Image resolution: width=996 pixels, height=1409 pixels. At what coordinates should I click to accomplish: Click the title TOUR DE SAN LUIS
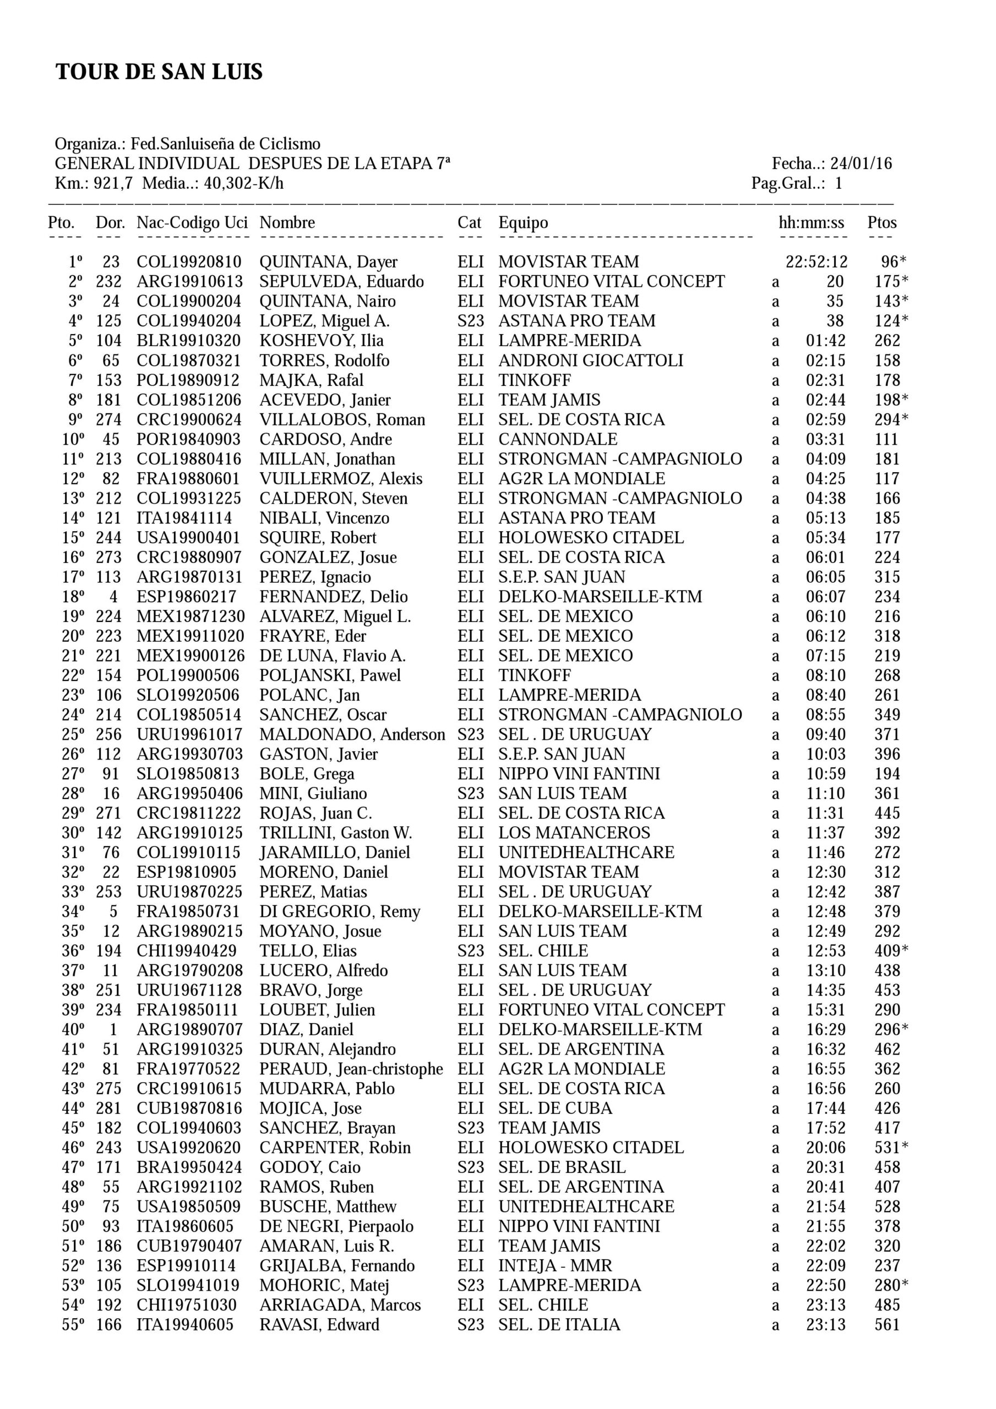coord(159,72)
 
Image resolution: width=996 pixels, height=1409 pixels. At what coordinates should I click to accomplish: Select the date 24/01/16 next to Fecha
coord(861,164)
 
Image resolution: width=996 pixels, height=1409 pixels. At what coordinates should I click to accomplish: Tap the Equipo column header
coord(523,223)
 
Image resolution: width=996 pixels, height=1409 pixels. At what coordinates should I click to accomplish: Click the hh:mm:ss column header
coord(811,223)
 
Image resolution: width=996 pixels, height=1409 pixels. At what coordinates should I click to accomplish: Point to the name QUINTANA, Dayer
coord(328,262)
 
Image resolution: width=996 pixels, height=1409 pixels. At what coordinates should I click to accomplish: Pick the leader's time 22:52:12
coord(816,262)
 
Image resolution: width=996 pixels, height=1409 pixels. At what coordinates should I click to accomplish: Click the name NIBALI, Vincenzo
coord(324,518)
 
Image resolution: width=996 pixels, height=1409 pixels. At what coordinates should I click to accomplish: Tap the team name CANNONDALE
coord(558,439)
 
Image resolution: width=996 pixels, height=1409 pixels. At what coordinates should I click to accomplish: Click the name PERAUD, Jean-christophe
coord(351,1069)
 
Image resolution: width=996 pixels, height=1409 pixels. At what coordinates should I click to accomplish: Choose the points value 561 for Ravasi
coord(888,1325)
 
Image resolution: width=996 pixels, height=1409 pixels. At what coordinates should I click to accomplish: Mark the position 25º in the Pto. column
coord(73,735)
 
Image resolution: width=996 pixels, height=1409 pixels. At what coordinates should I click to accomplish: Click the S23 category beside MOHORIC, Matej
coord(470,1286)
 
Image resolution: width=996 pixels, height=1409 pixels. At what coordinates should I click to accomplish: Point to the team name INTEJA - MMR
coord(555,1266)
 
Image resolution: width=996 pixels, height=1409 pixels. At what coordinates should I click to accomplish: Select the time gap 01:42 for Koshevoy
coord(825,341)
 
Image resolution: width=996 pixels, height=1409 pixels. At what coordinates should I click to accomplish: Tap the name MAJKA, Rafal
coord(311,380)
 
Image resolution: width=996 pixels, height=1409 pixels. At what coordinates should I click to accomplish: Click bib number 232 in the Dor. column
coord(108,282)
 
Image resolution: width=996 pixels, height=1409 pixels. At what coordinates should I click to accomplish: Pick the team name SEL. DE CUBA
coord(555,1108)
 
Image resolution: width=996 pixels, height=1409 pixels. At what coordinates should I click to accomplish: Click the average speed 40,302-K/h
coord(244,183)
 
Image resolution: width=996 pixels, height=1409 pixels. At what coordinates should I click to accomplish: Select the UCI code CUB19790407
coord(189,1247)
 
